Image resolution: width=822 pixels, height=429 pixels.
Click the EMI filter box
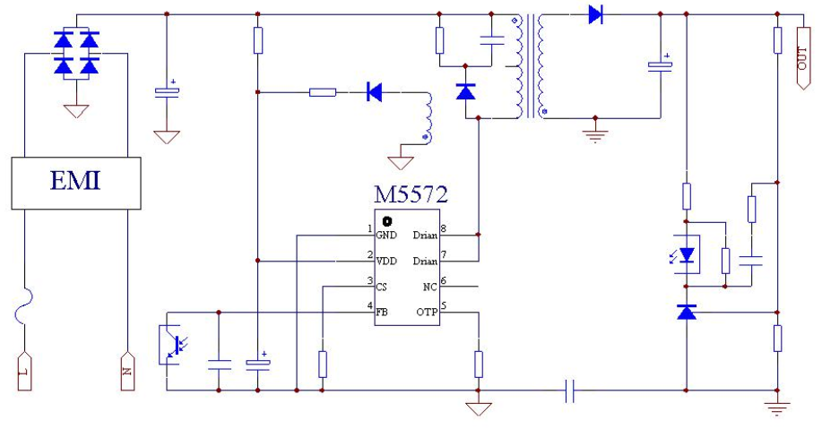pos(76,183)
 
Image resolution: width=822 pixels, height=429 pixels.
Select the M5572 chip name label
pos(411,194)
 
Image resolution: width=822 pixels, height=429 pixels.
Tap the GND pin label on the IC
pos(386,236)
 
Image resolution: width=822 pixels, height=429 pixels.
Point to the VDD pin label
pos(386,261)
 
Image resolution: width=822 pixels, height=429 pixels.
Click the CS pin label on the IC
pos(381,287)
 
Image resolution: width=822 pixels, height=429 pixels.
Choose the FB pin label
pos(382,313)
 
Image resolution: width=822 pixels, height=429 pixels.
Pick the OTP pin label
pos(427,313)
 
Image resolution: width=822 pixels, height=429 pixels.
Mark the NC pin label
pos(430,287)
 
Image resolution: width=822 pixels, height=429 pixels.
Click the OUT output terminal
pos(802,58)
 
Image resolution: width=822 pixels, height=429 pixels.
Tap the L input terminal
pos(24,372)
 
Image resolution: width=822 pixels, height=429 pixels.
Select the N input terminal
pos(127,372)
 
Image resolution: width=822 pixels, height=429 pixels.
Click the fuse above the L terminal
pos(23,305)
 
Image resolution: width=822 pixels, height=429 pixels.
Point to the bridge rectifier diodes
pos(76,54)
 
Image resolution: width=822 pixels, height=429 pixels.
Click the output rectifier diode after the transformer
pos(595,14)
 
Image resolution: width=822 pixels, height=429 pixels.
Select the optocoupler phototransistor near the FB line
pos(173,344)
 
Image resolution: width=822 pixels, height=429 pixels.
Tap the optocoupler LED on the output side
pos(685,254)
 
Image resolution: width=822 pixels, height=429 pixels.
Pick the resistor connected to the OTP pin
pos(478,364)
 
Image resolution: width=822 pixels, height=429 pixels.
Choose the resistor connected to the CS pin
pos(323,364)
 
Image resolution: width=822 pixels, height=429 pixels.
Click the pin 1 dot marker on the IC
pos(387,221)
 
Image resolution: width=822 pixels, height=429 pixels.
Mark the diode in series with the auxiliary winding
pos(374,92)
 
